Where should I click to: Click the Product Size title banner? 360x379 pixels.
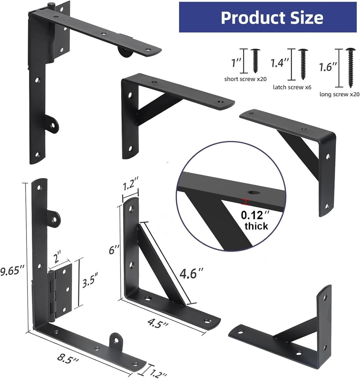click(269, 17)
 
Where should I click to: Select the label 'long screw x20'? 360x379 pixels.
click(339, 94)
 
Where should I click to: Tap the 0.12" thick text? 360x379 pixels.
click(256, 220)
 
